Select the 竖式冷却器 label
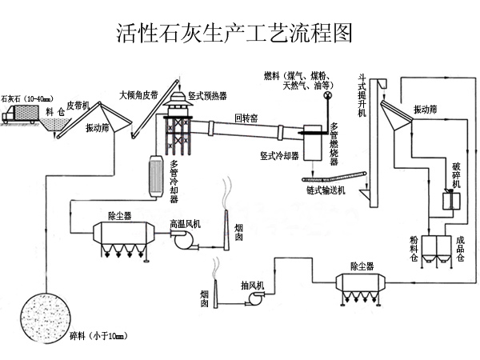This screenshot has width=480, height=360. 280,155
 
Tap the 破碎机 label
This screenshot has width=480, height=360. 457,173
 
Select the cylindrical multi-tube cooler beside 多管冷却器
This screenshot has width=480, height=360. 155,174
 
